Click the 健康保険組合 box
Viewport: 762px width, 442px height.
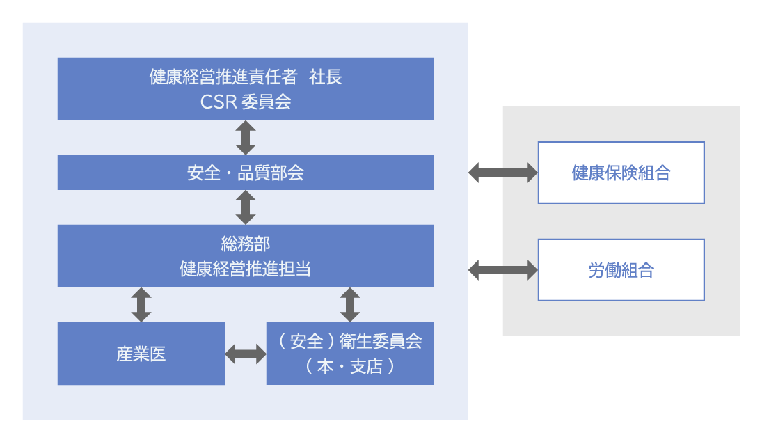(621, 173)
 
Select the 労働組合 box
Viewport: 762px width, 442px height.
(621, 270)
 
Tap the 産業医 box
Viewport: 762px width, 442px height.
(141, 354)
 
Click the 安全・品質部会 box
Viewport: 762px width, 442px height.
(245, 173)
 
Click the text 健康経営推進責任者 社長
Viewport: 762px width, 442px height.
(245, 77)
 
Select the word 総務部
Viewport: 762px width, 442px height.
(245, 244)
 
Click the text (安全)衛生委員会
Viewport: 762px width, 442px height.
(349, 341)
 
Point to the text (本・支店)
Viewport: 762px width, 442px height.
(349, 366)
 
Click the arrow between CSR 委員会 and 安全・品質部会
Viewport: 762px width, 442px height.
(245, 137)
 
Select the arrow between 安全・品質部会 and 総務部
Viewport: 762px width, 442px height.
(245, 207)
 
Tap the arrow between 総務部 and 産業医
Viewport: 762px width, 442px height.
(141, 304)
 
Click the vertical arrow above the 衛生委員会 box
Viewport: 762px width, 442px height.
(349, 304)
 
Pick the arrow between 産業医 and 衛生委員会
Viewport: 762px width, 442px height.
(246, 354)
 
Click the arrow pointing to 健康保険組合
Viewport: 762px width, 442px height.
(503, 173)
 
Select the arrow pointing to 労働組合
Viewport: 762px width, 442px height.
(503, 270)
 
